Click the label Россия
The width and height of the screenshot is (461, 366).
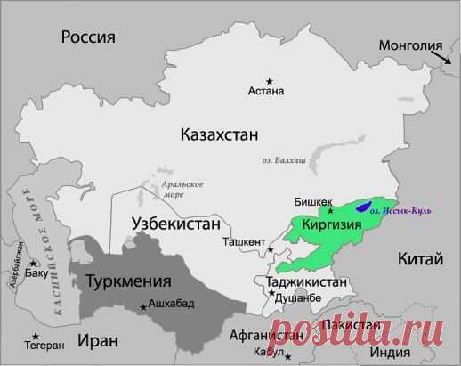89,37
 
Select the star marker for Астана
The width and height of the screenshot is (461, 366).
268,79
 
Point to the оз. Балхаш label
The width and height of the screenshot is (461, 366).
284,160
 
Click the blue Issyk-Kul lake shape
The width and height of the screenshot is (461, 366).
364,207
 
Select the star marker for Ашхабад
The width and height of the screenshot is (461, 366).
142,307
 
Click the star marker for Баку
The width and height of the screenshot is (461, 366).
34,264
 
